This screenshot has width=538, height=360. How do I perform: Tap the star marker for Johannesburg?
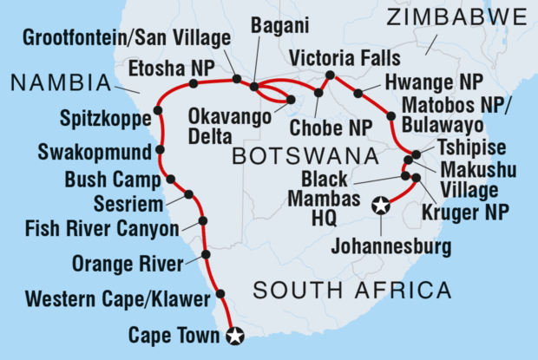pyautogui.click(x=379, y=206)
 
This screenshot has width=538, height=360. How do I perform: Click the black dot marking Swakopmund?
pyautogui.click(x=160, y=151)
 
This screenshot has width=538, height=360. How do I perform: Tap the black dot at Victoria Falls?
pyautogui.click(x=330, y=75)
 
